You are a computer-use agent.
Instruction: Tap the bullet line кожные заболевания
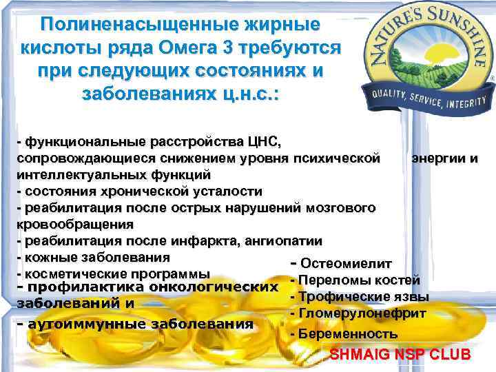coord(96,257)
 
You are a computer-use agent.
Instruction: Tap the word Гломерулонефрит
coord(362,313)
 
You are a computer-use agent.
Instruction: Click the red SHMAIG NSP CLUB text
coord(400,355)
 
